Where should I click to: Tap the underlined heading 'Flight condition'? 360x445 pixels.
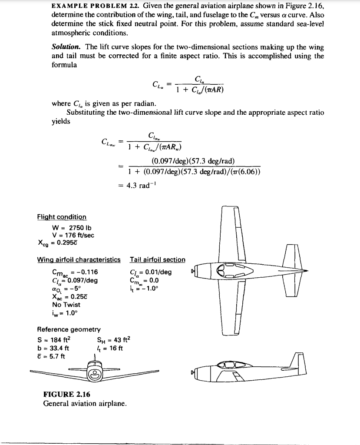pos(62,217)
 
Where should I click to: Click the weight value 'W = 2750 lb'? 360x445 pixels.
pos(72,228)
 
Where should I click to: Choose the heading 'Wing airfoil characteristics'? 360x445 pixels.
pos(79,260)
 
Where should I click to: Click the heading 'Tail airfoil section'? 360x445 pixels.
pos(157,260)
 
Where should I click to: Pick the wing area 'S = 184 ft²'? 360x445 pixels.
pos(54,340)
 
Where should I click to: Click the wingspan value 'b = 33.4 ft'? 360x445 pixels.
pos(53,348)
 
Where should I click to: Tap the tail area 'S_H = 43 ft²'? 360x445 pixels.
pos(112,340)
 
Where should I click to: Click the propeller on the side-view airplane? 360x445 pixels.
pos(193,372)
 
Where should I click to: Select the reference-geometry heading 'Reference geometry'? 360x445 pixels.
pos(69,330)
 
